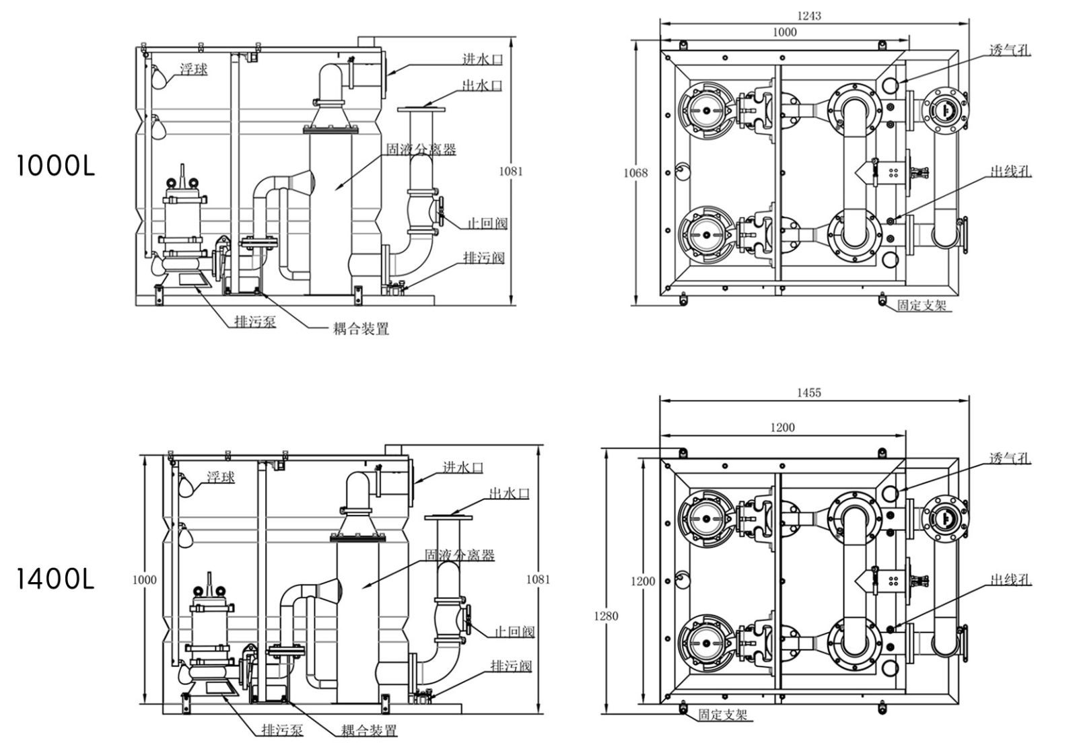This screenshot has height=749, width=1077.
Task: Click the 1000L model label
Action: (55, 166)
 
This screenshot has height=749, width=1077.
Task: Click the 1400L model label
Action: (55, 579)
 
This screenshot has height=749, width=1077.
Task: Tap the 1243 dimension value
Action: (808, 15)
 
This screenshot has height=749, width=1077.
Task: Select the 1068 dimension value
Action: (635, 173)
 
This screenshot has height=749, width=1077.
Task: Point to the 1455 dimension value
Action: (808, 392)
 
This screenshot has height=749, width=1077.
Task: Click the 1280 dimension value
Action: (606, 616)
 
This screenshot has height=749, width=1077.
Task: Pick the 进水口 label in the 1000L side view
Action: (482, 59)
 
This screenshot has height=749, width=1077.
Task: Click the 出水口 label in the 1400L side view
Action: (510, 493)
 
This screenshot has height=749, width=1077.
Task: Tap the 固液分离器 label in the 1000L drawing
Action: (421, 149)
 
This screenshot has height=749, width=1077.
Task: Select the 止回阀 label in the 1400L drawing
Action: (514, 632)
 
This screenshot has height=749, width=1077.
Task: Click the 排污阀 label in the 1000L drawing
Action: (483, 258)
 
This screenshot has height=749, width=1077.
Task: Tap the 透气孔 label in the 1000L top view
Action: (1010, 50)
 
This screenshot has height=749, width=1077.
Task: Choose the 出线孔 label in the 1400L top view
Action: (1010, 579)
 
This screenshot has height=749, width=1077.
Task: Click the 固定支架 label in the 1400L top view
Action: (723, 715)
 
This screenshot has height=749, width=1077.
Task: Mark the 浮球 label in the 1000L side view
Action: (193, 69)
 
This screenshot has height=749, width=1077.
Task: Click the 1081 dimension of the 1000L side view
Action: (510, 171)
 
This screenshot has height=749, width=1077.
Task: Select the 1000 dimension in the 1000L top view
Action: (784, 32)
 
